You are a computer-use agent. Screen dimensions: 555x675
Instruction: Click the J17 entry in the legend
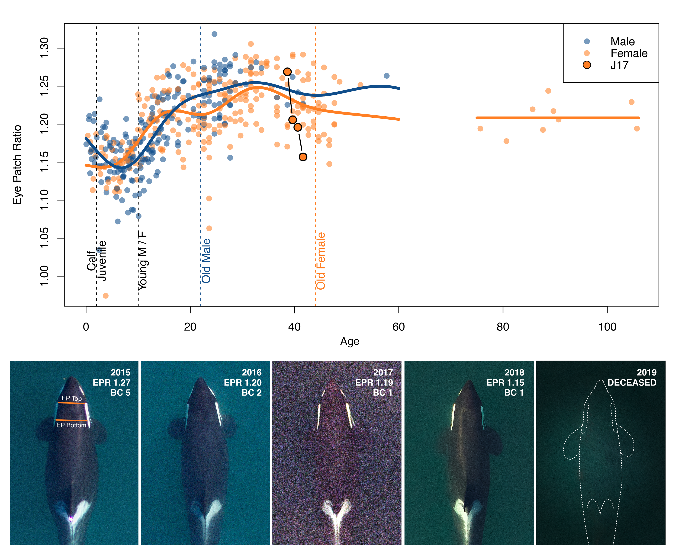pyautogui.click(x=619, y=65)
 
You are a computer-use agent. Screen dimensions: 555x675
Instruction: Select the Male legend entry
pyautogui.click(x=622, y=41)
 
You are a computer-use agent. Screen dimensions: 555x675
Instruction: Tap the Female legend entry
pyautogui.click(x=629, y=53)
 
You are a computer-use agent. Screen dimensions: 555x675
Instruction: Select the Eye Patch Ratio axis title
pyautogui.click(x=17, y=165)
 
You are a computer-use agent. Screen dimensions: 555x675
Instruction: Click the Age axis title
pyautogui.click(x=350, y=341)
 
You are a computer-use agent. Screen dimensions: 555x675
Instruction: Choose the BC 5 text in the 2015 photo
pyautogui.click(x=120, y=393)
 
